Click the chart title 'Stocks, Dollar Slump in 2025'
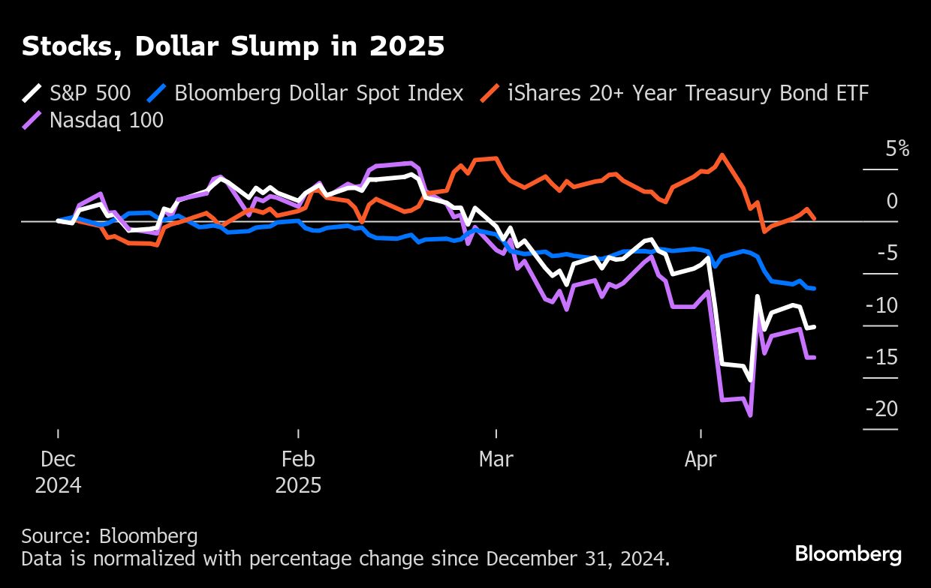point(233,46)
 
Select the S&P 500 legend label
point(90,93)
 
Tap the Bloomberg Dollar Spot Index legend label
point(318,93)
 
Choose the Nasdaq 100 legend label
point(106,119)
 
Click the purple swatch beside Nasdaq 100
point(32,120)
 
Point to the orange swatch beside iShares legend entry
point(490,94)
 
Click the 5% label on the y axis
point(897,148)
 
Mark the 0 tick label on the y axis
point(892,201)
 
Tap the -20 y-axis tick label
point(882,409)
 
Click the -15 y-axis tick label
point(882,357)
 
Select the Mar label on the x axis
point(496,459)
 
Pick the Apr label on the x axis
point(701,459)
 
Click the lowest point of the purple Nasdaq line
point(749,415)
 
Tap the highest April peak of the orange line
point(722,155)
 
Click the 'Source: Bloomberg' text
point(110,535)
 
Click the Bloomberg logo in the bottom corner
point(848,554)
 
